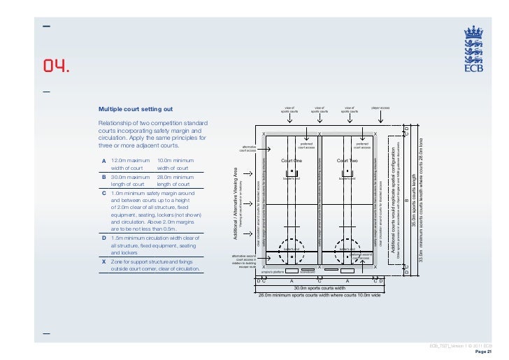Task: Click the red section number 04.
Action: coord(56,67)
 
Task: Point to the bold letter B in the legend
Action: coord(104,177)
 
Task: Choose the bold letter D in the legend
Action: coord(104,238)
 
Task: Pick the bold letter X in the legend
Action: coord(104,261)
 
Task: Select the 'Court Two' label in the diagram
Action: coord(347,161)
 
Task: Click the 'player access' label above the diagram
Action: coord(380,108)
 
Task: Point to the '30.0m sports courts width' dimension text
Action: coord(319,287)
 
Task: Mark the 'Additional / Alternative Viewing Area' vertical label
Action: coord(236,203)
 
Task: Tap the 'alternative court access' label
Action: coord(248,149)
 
